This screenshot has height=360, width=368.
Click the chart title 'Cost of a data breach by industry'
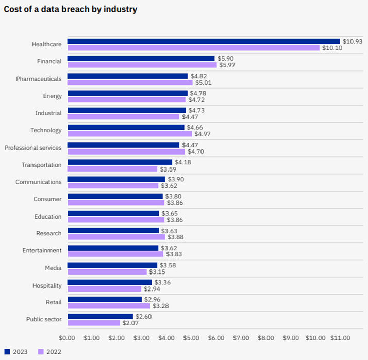pyautogui.click(x=71, y=9)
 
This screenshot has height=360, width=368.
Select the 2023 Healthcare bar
pyautogui.click(x=203, y=41)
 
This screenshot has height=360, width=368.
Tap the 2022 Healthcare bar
pyautogui.click(x=193, y=48)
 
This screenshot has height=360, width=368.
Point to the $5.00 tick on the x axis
pyautogui.click(x=191, y=338)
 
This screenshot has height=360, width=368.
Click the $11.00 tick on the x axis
pyautogui.click(x=340, y=338)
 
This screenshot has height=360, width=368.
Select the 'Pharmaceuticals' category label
pyautogui.click(x=39, y=79)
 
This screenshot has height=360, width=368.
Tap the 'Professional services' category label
pyautogui.click(x=33, y=148)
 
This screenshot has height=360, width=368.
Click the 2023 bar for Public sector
pyautogui.click(x=100, y=316)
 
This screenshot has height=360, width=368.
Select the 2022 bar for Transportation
pyautogui.click(x=112, y=168)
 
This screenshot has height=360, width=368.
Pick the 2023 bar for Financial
pyautogui.click(x=141, y=59)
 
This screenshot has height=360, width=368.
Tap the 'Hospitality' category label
pyautogui.click(x=47, y=285)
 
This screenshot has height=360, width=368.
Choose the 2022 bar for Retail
pyautogui.click(x=108, y=306)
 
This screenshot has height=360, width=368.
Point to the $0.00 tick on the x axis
pyautogui.click(x=68, y=338)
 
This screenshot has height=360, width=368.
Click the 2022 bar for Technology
pyautogui.click(x=129, y=134)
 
